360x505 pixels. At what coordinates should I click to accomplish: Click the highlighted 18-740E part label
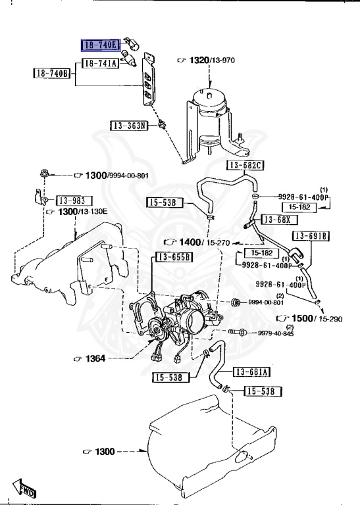99,45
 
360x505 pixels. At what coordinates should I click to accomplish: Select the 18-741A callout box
100,63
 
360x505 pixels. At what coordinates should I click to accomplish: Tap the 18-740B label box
51,73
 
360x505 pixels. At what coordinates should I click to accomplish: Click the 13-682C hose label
245,164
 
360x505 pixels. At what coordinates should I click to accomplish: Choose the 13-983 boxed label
74,200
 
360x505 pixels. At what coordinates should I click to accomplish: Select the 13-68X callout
280,219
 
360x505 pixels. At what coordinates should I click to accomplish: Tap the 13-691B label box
312,235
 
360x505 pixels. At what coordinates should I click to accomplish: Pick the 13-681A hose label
251,372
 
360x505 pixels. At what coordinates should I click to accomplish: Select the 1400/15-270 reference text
197,242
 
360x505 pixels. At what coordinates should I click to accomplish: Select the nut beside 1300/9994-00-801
42,175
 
